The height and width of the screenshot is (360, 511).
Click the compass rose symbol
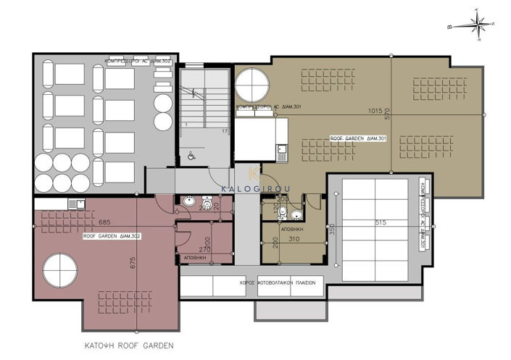(x=478, y=25)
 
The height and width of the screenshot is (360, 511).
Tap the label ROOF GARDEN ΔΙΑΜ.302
(x=112, y=236)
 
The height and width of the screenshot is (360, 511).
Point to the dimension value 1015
(x=374, y=111)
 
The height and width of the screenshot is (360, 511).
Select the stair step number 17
(x=224, y=131)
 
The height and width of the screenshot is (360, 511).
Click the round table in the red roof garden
(x=59, y=272)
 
